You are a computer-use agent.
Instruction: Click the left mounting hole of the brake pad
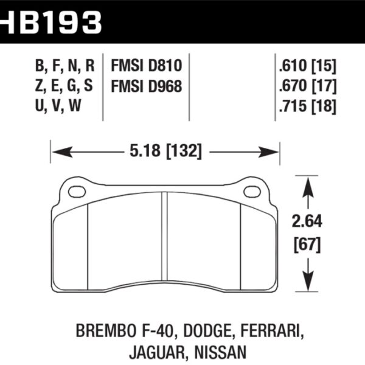[x=77, y=192]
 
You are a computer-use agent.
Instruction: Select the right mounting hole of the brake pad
[x=252, y=192]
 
